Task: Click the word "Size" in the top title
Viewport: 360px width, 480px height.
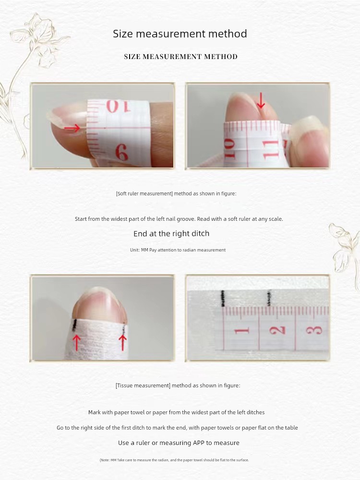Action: tap(123, 34)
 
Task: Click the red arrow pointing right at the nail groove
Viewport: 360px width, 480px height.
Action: tap(72, 128)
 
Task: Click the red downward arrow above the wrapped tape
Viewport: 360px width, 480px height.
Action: tap(261, 101)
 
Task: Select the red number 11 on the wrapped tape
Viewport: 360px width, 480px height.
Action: tap(271, 149)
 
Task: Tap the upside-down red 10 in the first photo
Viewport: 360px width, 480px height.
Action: tap(118, 107)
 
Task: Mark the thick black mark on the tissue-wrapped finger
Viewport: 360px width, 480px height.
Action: tap(74, 325)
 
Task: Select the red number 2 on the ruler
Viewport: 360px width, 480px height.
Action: tap(278, 331)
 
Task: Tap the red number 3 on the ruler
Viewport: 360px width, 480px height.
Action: tap(315, 331)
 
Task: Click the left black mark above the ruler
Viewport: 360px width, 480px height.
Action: tap(223, 299)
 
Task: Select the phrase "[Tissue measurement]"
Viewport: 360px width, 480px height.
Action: tap(143, 385)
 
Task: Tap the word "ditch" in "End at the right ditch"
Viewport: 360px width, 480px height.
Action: tap(201, 234)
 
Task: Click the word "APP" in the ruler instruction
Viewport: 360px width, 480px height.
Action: tap(199, 443)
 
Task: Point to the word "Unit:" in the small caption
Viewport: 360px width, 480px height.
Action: tap(135, 250)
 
